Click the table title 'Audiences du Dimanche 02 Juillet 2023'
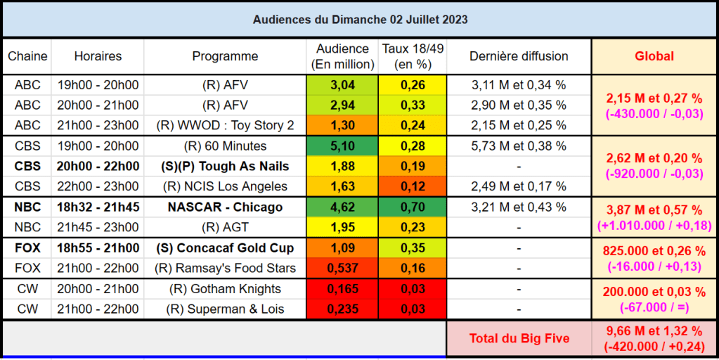coord(360,20)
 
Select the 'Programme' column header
coord(225,56)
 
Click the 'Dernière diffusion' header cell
coord(519,56)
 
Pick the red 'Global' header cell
coord(654,56)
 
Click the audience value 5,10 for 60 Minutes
coord(342,146)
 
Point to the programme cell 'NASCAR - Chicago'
coord(225,207)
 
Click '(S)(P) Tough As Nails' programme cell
coord(225,167)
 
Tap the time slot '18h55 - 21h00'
coord(98,248)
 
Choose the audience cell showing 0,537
coord(342,268)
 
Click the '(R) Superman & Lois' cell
coord(225,309)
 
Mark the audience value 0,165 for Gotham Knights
coord(342,289)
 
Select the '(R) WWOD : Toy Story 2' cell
coord(225,126)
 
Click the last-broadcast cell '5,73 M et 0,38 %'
coord(519,146)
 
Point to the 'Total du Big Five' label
coord(519,338)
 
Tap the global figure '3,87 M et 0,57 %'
coord(654,210)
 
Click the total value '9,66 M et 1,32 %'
coord(654,330)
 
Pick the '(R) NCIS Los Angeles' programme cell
coord(225,186)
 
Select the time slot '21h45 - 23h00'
coord(98,227)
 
